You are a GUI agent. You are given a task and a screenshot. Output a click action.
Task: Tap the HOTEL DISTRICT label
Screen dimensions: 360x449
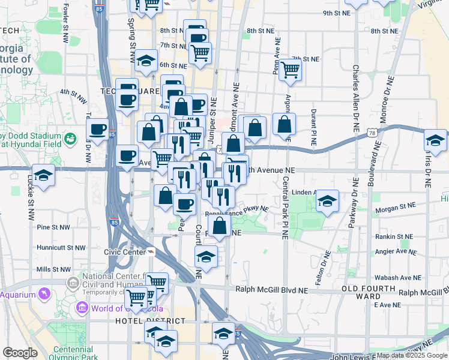tap(141, 322)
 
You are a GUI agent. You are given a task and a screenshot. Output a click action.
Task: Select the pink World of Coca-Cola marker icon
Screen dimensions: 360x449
tap(82, 308)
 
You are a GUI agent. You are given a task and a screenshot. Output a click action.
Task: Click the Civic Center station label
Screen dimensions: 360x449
tap(124, 252)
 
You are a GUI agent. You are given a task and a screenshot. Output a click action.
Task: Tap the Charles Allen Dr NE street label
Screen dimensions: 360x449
tap(356, 99)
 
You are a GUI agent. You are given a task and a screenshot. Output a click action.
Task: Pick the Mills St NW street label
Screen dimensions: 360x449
tap(53, 269)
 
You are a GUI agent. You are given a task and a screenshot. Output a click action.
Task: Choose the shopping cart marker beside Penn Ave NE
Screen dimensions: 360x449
tap(290, 70)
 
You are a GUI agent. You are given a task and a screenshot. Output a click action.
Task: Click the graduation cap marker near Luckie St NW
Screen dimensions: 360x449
tap(43, 175)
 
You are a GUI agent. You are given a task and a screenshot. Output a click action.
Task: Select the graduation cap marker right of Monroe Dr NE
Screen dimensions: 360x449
tap(435, 142)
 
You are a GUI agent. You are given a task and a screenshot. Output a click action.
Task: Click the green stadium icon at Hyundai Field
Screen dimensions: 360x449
tap(71, 139)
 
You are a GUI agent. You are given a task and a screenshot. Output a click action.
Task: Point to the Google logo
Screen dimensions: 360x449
tap(20, 353)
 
